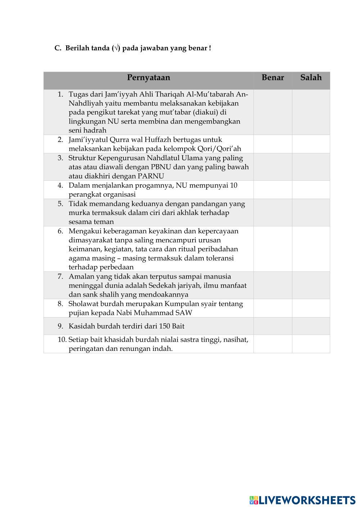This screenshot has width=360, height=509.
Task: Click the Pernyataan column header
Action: click(148, 78)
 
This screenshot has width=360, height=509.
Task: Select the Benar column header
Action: click(273, 78)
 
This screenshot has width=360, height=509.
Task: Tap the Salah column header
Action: click(311, 78)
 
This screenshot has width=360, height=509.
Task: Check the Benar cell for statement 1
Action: click(273, 112)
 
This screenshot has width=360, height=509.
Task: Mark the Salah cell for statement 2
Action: click(311, 144)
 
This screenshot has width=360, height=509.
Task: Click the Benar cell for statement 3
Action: click(273, 167)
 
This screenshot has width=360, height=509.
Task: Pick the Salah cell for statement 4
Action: click(311, 190)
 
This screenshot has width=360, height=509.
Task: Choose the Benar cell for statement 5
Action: click(273, 212)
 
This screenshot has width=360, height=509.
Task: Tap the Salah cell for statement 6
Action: click(311, 249)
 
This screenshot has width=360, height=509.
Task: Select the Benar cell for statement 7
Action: click(273, 285)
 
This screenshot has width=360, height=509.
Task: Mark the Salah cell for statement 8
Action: click(311, 308)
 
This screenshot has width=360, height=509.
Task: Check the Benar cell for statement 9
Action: click(273, 326)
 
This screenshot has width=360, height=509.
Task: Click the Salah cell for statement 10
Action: click(311, 344)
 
